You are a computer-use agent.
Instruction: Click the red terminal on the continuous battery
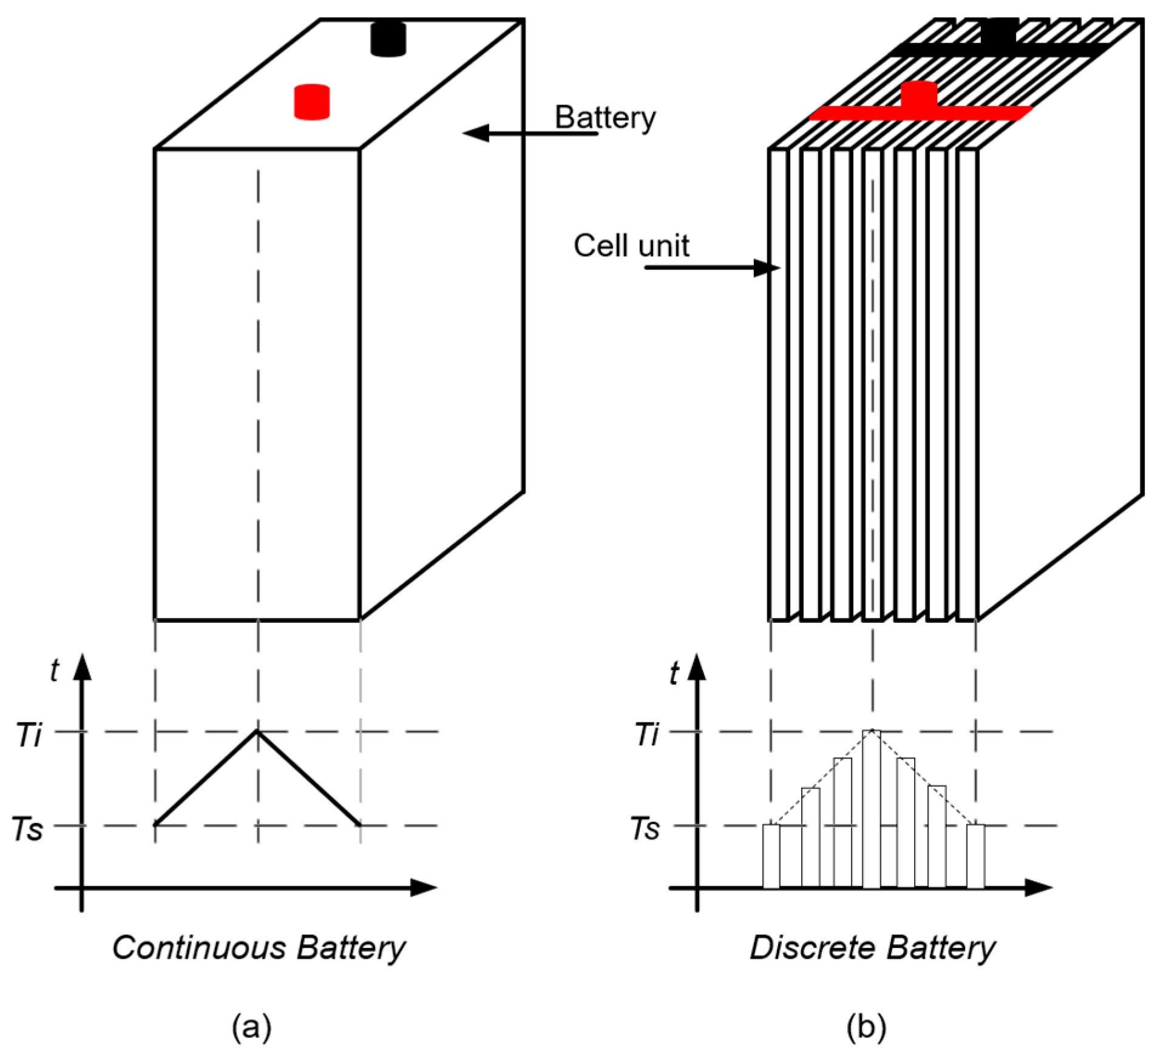click(x=311, y=102)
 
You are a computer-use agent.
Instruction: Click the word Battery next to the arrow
click(x=605, y=118)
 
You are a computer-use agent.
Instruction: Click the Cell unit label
click(x=631, y=246)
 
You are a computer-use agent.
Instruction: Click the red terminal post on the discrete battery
click(x=918, y=95)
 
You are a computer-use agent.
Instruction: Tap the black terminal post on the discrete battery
click(x=998, y=32)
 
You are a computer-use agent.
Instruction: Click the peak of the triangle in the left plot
click(x=257, y=732)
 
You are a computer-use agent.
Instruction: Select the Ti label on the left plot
click(x=29, y=735)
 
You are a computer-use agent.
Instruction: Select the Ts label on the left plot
click(x=27, y=829)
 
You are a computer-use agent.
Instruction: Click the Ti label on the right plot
click(x=646, y=735)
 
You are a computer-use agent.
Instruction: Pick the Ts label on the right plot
click(x=645, y=829)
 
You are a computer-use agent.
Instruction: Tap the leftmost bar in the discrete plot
click(x=771, y=856)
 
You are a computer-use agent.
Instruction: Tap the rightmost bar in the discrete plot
click(x=975, y=856)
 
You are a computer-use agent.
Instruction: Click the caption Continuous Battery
click(x=259, y=948)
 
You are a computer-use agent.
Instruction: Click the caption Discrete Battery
click(x=872, y=948)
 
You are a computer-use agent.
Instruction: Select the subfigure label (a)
click(x=251, y=1027)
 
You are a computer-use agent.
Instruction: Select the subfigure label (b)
click(x=866, y=1027)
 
